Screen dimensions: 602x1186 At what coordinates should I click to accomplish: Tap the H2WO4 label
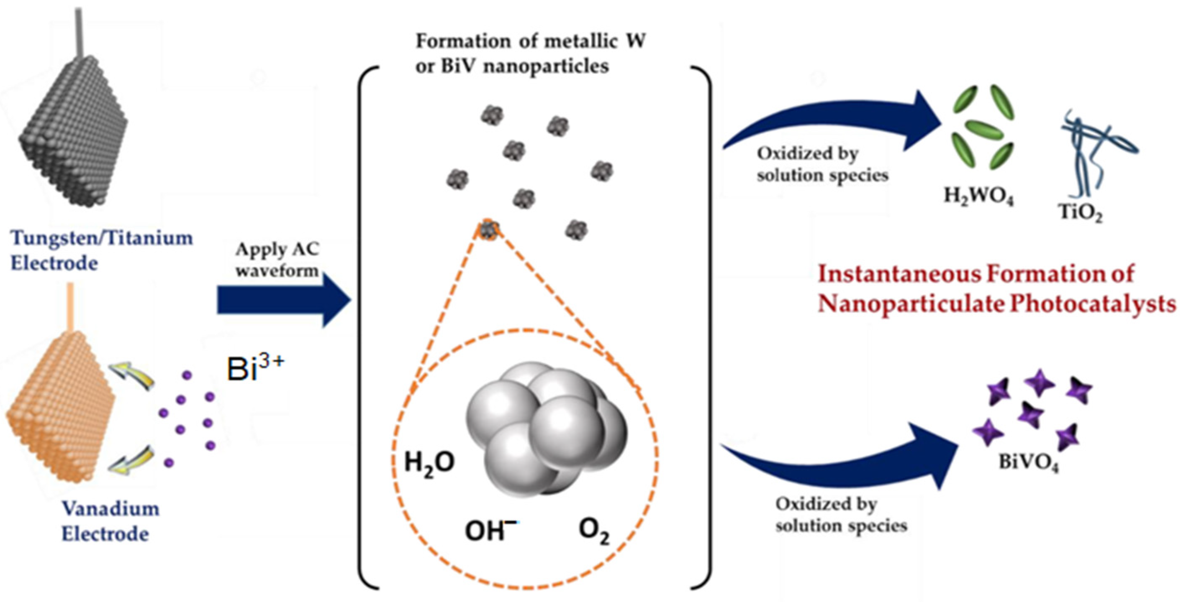coord(979,197)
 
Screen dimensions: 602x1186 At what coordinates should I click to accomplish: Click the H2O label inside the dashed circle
coord(429,462)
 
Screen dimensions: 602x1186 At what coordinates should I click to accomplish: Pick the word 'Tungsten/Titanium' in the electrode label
coord(101,238)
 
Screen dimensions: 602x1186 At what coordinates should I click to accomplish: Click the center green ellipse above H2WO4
coord(983,130)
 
